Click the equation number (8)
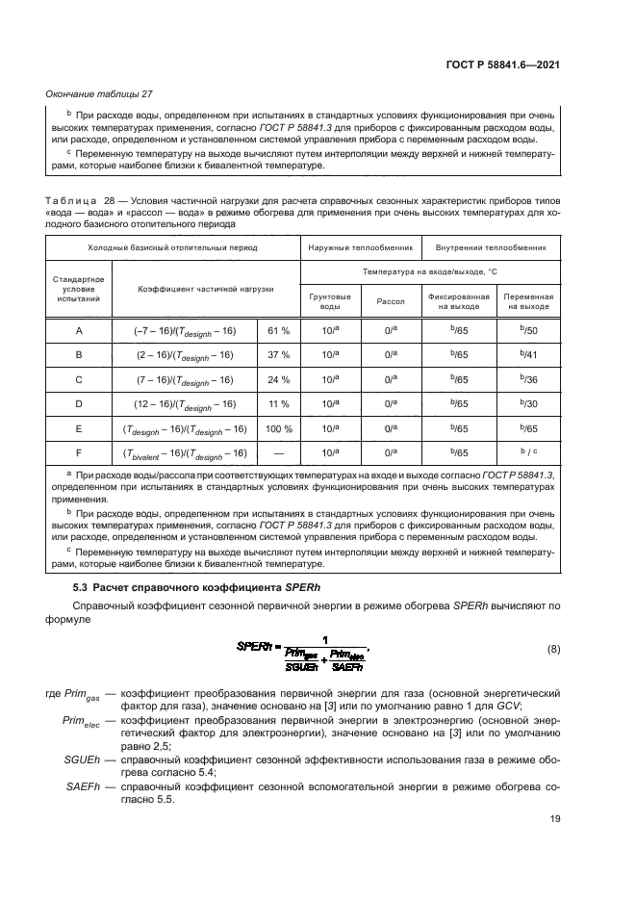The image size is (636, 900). pyautogui.click(x=552, y=649)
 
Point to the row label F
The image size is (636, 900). pyautogui.click(x=78, y=452)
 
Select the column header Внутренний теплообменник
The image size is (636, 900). pyautogui.click(x=491, y=247)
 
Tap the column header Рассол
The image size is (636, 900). pyautogui.click(x=391, y=300)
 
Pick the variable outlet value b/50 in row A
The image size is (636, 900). pyautogui.click(x=528, y=330)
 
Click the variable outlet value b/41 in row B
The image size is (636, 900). pyautogui.click(x=528, y=354)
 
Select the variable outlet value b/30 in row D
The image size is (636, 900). pyautogui.click(x=528, y=403)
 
